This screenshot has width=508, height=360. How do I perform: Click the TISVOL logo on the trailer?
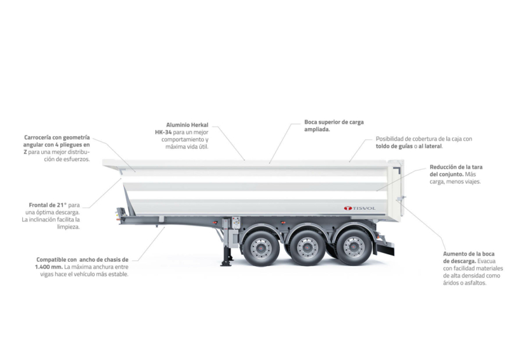coord(359,209)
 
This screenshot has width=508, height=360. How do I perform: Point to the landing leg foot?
coord(226,264)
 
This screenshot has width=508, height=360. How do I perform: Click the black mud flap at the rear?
coord(385,250)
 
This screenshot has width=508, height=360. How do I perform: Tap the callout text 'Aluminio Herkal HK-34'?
coord(182,129)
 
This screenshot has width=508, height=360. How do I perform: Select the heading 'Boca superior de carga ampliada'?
coord(334,125)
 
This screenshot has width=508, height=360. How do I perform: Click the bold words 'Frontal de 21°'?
coord(48,205)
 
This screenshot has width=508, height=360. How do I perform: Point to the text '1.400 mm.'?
coord(49,267)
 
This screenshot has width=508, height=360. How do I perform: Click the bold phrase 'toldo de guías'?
coord(394,146)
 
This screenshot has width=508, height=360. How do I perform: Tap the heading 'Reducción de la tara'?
coord(456,167)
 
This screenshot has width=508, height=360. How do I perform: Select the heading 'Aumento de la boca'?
coord(469,254)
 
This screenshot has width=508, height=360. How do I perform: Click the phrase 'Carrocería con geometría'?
coord(57,138)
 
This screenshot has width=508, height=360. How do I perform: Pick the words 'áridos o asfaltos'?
coord(464,283)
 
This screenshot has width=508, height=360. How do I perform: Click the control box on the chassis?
coord(236,222)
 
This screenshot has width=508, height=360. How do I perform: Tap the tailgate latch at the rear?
coord(400,198)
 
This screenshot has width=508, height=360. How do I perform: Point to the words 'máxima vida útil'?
coord(187,147)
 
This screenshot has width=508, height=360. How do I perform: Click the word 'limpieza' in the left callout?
coord(69,227)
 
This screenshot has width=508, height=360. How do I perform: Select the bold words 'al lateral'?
coord(430,146)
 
